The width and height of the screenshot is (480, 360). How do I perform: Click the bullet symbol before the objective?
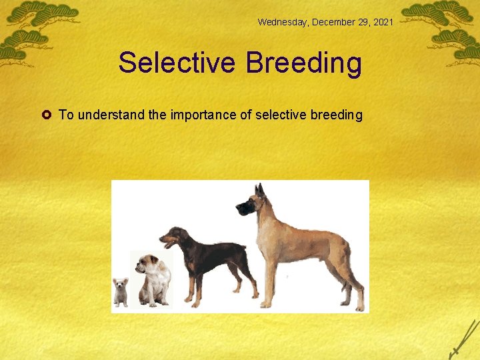[48, 115]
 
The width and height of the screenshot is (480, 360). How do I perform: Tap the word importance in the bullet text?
[203, 115]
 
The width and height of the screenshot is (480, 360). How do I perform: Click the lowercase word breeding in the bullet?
[337, 115]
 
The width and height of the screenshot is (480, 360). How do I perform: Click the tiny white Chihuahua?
[121, 291]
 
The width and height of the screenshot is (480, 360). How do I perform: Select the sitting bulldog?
[153, 279]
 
